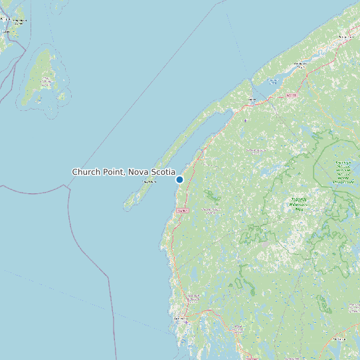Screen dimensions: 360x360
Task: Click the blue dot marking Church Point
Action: (179, 179)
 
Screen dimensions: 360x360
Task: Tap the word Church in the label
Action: (86, 172)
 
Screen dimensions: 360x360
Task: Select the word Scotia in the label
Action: (162, 172)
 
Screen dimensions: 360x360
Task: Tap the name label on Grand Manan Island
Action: (46, 82)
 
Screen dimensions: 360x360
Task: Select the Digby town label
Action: (251, 100)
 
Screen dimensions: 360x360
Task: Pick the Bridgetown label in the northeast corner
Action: (347, 37)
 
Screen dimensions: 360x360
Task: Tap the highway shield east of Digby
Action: (291, 96)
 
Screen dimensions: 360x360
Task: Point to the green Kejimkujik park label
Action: (343, 171)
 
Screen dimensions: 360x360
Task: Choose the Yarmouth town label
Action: (180, 319)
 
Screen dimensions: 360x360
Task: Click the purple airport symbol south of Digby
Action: (245, 121)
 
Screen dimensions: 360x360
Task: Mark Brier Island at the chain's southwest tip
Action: (128, 205)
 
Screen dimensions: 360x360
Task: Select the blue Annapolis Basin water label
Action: (272, 82)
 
